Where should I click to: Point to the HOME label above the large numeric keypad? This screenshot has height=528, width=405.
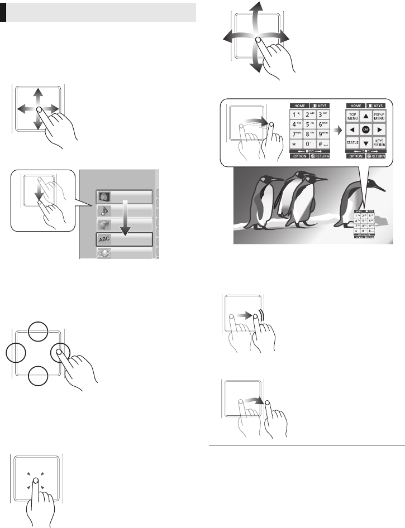(298, 105)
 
